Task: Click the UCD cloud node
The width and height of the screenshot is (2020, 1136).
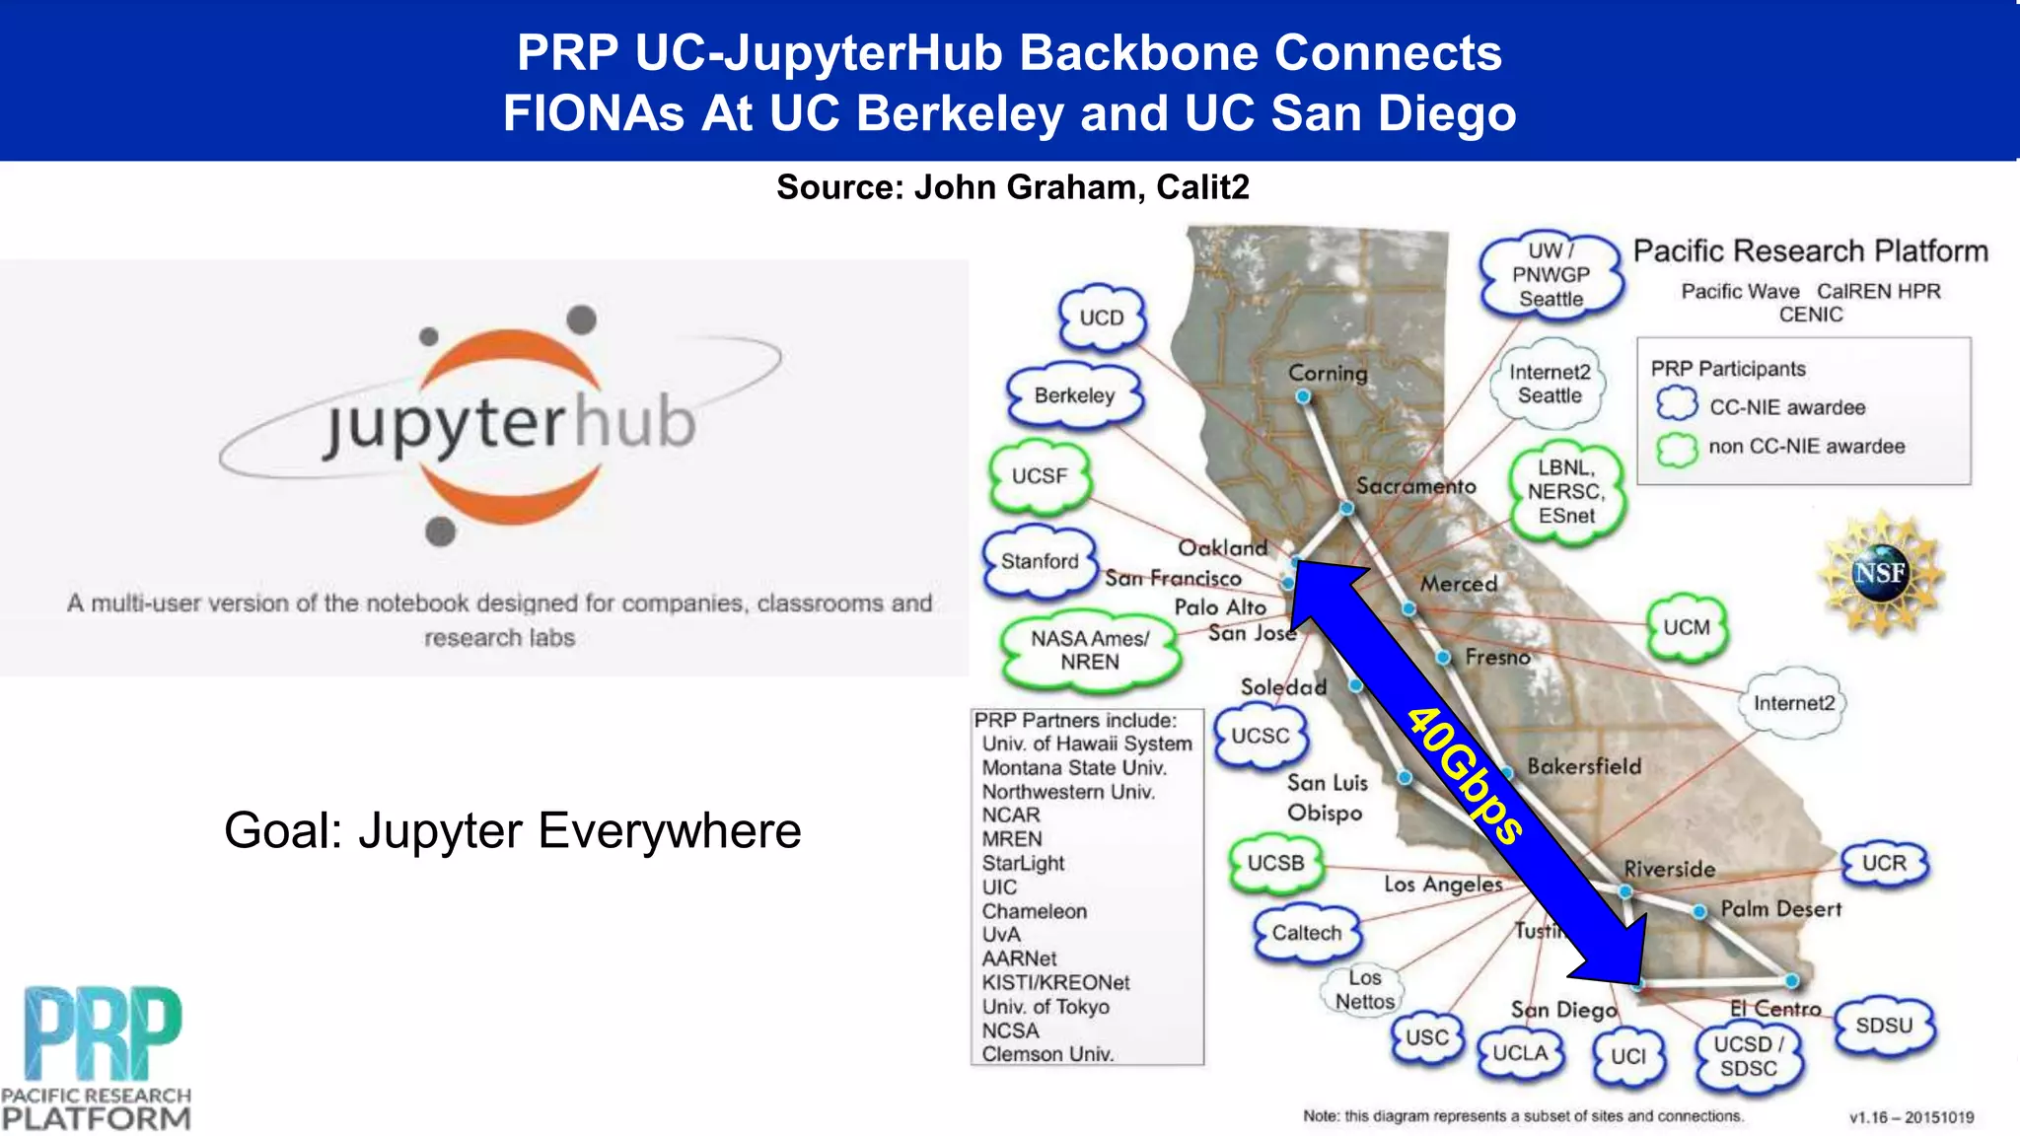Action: coord(1101,318)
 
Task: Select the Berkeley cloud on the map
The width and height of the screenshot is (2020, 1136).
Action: coord(1074,395)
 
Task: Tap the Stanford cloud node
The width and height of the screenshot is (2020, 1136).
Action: coord(1040,561)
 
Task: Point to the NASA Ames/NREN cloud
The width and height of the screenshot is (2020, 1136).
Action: coord(1090,650)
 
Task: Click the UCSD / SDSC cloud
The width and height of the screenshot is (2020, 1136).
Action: coord(1749,1056)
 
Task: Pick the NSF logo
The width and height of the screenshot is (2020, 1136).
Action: coord(1880,573)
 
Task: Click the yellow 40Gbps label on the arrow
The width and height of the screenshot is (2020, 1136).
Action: coord(1465,775)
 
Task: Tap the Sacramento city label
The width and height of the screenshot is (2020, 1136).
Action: coord(1415,485)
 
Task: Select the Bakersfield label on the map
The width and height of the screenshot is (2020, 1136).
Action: coord(1584,766)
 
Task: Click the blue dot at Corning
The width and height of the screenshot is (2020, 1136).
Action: coord(1303,396)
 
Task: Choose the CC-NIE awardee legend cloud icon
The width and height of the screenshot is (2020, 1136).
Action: coord(1677,405)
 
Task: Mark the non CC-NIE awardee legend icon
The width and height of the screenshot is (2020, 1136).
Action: coord(1677,448)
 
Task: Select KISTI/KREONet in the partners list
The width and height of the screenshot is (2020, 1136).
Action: coord(1055,982)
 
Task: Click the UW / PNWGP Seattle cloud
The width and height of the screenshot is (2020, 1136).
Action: coord(1551,275)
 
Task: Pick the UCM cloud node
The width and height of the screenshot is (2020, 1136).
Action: coord(1687,627)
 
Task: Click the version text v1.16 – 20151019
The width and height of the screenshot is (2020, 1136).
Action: coord(1912,1117)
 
